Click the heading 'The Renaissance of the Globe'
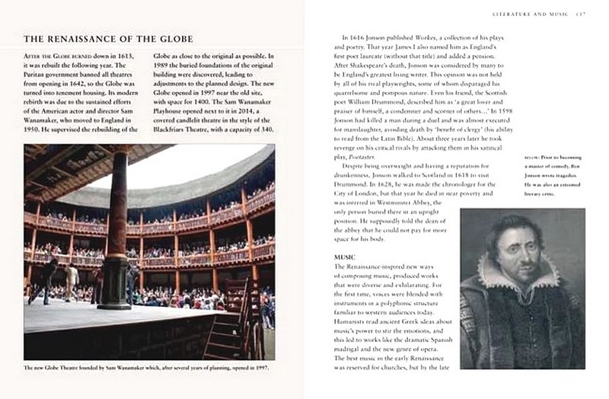click(x=108, y=38)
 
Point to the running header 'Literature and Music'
click(x=531, y=14)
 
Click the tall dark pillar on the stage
click(x=118, y=228)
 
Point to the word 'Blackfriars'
click(x=180, y=129)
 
